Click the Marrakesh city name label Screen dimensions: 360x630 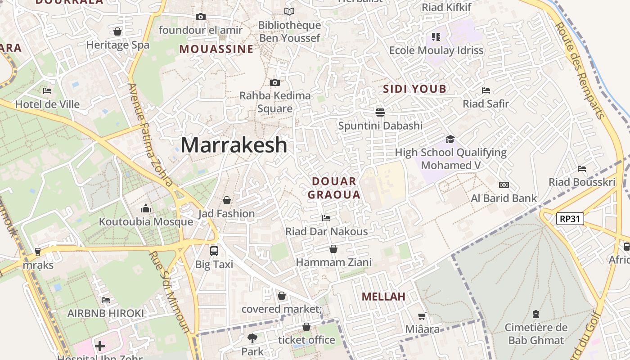coord(234,145)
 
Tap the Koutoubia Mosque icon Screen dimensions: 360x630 coord(145,209)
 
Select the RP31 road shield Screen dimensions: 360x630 coord(570,219)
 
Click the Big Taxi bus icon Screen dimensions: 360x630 coord(214,251)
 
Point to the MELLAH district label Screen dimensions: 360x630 coord(383,297)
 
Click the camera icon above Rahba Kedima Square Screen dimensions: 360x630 coord(275,82)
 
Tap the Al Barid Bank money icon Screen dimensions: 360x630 coord(504,185)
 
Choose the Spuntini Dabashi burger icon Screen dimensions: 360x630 coord(380,112)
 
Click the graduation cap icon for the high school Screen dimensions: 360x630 coord(450,139)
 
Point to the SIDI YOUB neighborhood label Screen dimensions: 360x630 coord(414,89)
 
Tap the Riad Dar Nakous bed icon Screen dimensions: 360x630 coord(326,218)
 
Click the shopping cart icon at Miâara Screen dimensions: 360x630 coord(422,316)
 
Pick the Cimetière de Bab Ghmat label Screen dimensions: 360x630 coord(536,333)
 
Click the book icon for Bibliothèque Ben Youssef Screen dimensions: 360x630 coord(289,12)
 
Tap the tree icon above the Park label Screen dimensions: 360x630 coord(252,338)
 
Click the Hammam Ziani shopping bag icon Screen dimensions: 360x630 coord(333,249)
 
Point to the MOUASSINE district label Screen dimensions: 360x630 coord(216,49)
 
